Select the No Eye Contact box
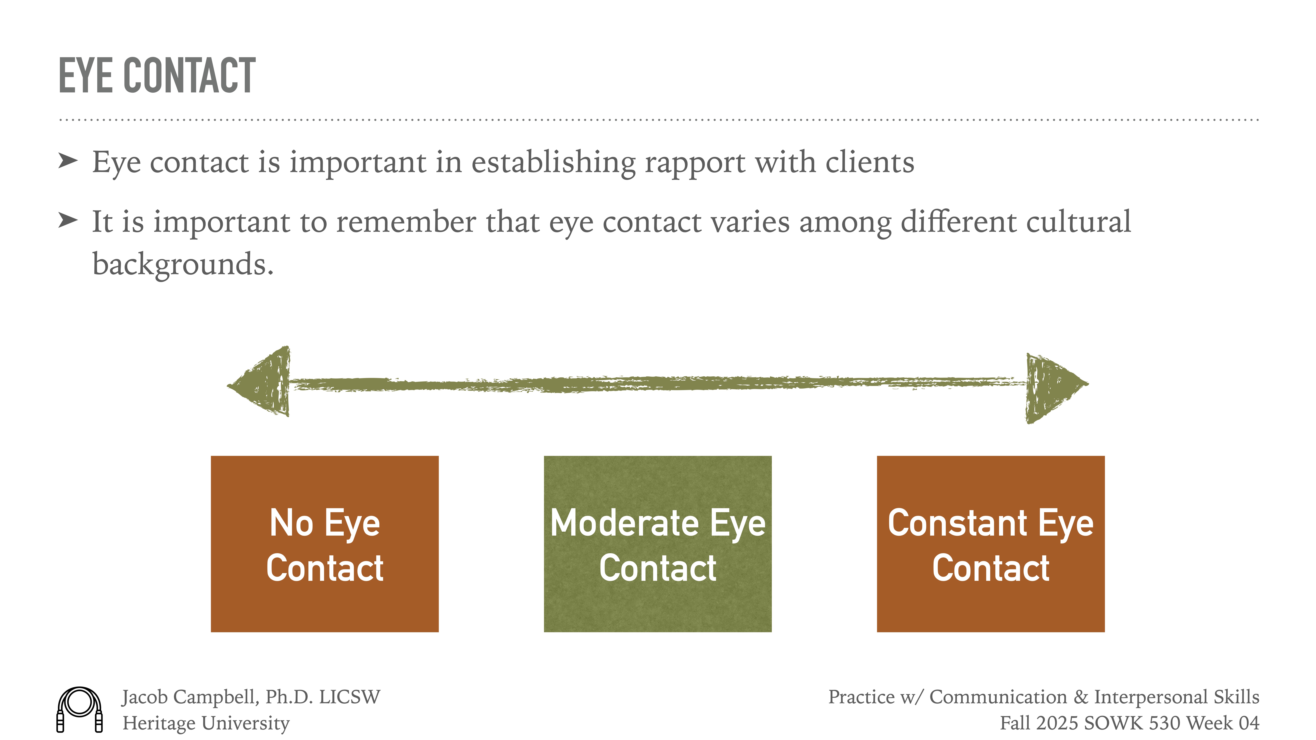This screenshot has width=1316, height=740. point(324,544)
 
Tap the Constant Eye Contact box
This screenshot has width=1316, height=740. point(990,544)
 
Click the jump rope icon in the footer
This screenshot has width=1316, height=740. point(80,709)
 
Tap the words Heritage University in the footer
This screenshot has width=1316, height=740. point(206,723)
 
